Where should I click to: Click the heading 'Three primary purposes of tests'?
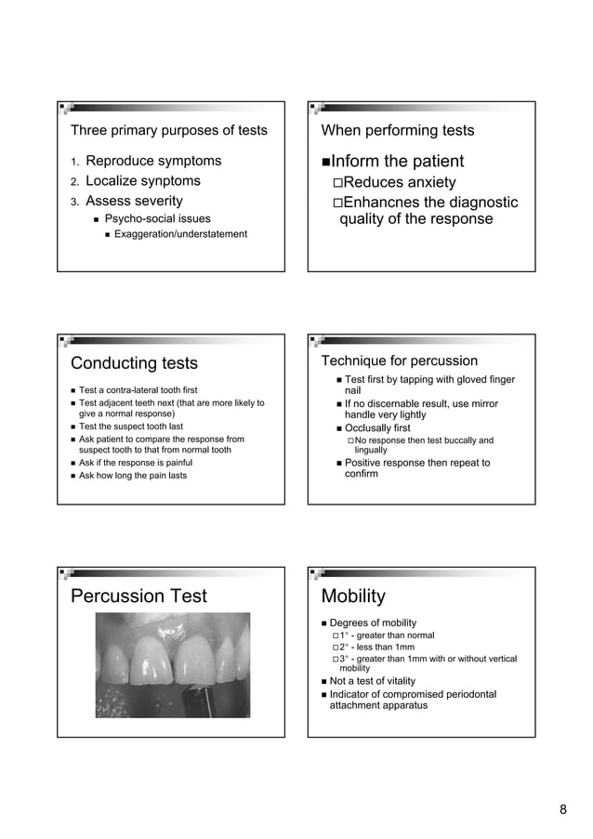(168, 130)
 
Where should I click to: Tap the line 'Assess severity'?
(134, 201)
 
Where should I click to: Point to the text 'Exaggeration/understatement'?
(181, 234)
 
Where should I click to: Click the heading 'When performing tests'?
(397, 130)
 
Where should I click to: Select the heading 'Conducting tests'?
(135, 363)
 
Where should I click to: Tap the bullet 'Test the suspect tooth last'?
(131, 426)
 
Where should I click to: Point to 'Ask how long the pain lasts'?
(133, 476)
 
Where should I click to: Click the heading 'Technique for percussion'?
(399, 361)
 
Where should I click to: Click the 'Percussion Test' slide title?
(138, 596)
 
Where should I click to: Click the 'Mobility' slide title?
(352, 596)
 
